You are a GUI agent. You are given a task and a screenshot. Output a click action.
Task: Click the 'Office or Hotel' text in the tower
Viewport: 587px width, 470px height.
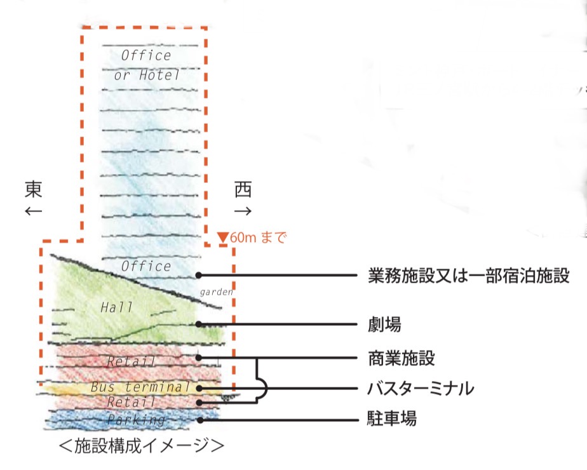pos(147,65)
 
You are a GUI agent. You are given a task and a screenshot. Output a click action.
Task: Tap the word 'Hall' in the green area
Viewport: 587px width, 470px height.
pos(117,307)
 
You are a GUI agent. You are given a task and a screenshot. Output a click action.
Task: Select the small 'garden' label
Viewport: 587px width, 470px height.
pos(217,292)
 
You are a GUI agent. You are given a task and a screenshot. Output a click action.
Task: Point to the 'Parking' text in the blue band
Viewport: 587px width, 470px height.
pos(136,420)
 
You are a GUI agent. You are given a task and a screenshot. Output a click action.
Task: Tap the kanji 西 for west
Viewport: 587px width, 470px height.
pos(243,189)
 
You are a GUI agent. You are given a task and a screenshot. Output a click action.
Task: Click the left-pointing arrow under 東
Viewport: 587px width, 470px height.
pos(34,211)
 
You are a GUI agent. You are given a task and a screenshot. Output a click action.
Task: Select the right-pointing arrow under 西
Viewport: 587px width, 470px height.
pos(243,211)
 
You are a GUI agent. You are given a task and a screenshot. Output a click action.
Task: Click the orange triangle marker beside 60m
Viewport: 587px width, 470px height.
pos(222,238)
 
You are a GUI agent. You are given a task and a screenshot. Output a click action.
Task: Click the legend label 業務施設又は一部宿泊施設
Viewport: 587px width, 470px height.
pos(468,276)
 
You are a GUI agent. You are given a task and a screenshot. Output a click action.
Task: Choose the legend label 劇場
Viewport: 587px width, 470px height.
pos(384,325)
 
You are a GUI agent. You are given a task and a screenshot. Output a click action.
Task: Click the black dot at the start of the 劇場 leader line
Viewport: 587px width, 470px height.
pos(199,324)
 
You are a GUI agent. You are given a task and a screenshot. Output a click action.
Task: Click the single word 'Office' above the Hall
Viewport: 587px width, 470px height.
pos(146,266)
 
